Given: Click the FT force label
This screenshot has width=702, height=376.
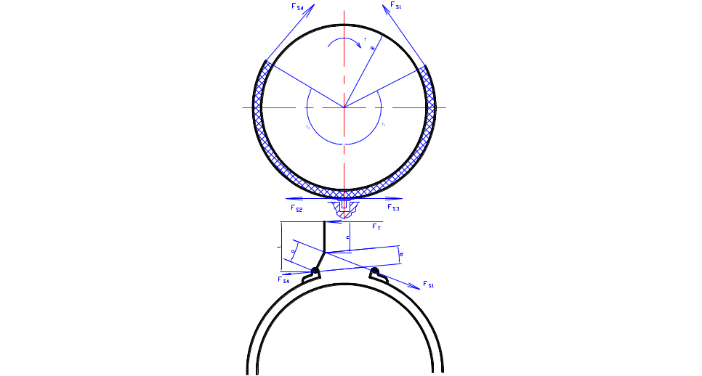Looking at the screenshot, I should tap(376, 226).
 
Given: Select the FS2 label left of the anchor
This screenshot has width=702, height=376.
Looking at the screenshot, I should tap(296, 208).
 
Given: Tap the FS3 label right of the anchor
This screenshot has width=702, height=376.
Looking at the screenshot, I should tap(392, 208).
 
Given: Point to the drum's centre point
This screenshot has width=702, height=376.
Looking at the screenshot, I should tap(344, 107).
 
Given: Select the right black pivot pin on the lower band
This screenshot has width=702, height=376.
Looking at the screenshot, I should tap(374, 272).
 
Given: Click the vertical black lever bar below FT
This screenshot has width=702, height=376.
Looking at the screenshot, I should tap(324, 236).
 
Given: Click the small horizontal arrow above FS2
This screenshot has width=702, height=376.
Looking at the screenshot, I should tap(294, 197).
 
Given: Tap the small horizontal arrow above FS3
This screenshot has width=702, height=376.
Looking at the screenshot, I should tap(392, 197).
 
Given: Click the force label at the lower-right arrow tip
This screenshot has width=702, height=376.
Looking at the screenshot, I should tap(428, 283).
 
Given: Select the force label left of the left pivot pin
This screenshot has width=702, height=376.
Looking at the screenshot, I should tap(283, 278).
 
